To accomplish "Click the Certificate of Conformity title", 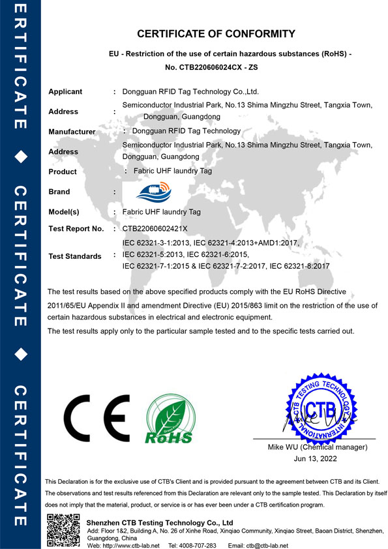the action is (216, 34).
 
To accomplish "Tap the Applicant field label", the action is (65, 92).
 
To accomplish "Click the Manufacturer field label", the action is (72, 132).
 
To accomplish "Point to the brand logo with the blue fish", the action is (152, 190).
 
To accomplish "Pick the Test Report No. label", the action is (76, 229).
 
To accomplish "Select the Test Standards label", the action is (75, 256).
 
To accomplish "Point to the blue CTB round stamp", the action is (320, 409).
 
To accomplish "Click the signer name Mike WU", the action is (284, 447).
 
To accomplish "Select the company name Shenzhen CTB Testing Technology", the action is (160, 523).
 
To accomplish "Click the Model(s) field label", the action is (64, 212).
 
